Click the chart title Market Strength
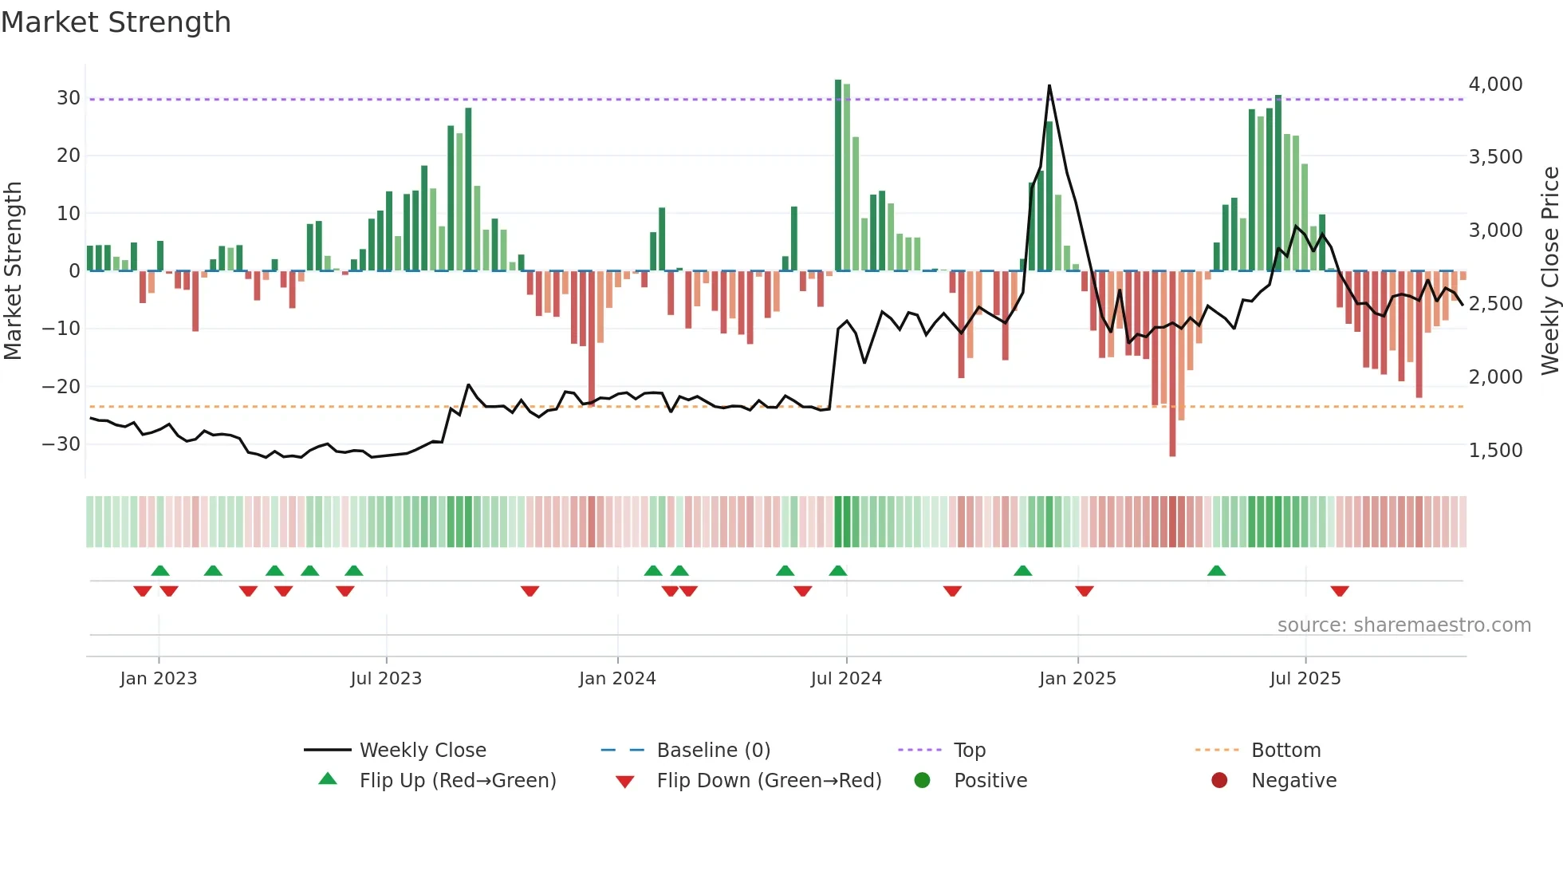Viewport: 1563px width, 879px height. point(116,22)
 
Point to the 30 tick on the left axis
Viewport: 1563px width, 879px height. point(69,98)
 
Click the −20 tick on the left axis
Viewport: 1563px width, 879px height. point(61,387)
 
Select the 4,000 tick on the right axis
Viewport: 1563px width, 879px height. point(1495,85)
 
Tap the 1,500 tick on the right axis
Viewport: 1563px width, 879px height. point(1495,451)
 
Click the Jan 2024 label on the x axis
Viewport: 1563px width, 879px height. point(617,679)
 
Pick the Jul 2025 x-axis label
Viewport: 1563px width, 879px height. point(1305,679)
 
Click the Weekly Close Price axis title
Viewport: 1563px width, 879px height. point(1549,271)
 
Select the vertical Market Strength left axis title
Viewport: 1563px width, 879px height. point(14,271)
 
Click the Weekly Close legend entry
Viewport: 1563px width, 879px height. point(422,751)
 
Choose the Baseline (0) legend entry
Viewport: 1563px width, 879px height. point(713,751)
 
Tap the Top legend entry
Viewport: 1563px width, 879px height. point(969,751)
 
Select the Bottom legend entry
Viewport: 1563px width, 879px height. point(1285,751)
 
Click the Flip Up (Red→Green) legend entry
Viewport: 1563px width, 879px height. point(457,781)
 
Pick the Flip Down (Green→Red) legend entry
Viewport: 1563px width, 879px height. point(769,781)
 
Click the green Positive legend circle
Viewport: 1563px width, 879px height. point(923,781)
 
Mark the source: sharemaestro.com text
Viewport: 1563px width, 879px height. point(1404,625)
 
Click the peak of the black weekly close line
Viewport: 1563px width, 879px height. point(1049,86)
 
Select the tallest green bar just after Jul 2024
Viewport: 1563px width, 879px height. point(838,175)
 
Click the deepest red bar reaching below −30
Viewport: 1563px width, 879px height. point(1172,363)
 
